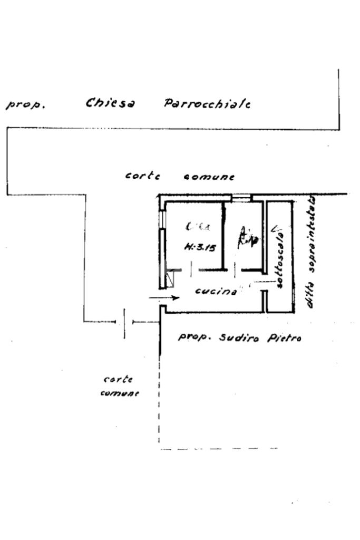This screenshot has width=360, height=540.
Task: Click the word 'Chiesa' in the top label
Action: [110, 103]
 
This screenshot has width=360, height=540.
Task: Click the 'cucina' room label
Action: [215, 291]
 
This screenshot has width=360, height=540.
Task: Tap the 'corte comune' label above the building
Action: [180, 176]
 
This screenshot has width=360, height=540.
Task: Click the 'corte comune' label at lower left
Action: [119, 386]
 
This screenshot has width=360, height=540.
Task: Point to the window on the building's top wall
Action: [242, 198]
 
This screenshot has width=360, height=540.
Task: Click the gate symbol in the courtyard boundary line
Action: [125, 322]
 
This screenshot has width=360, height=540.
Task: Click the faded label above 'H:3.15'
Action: [197, 227]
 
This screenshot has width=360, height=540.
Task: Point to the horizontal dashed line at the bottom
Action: [219, 449]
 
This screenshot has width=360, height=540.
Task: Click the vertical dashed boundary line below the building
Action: [159, 401]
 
